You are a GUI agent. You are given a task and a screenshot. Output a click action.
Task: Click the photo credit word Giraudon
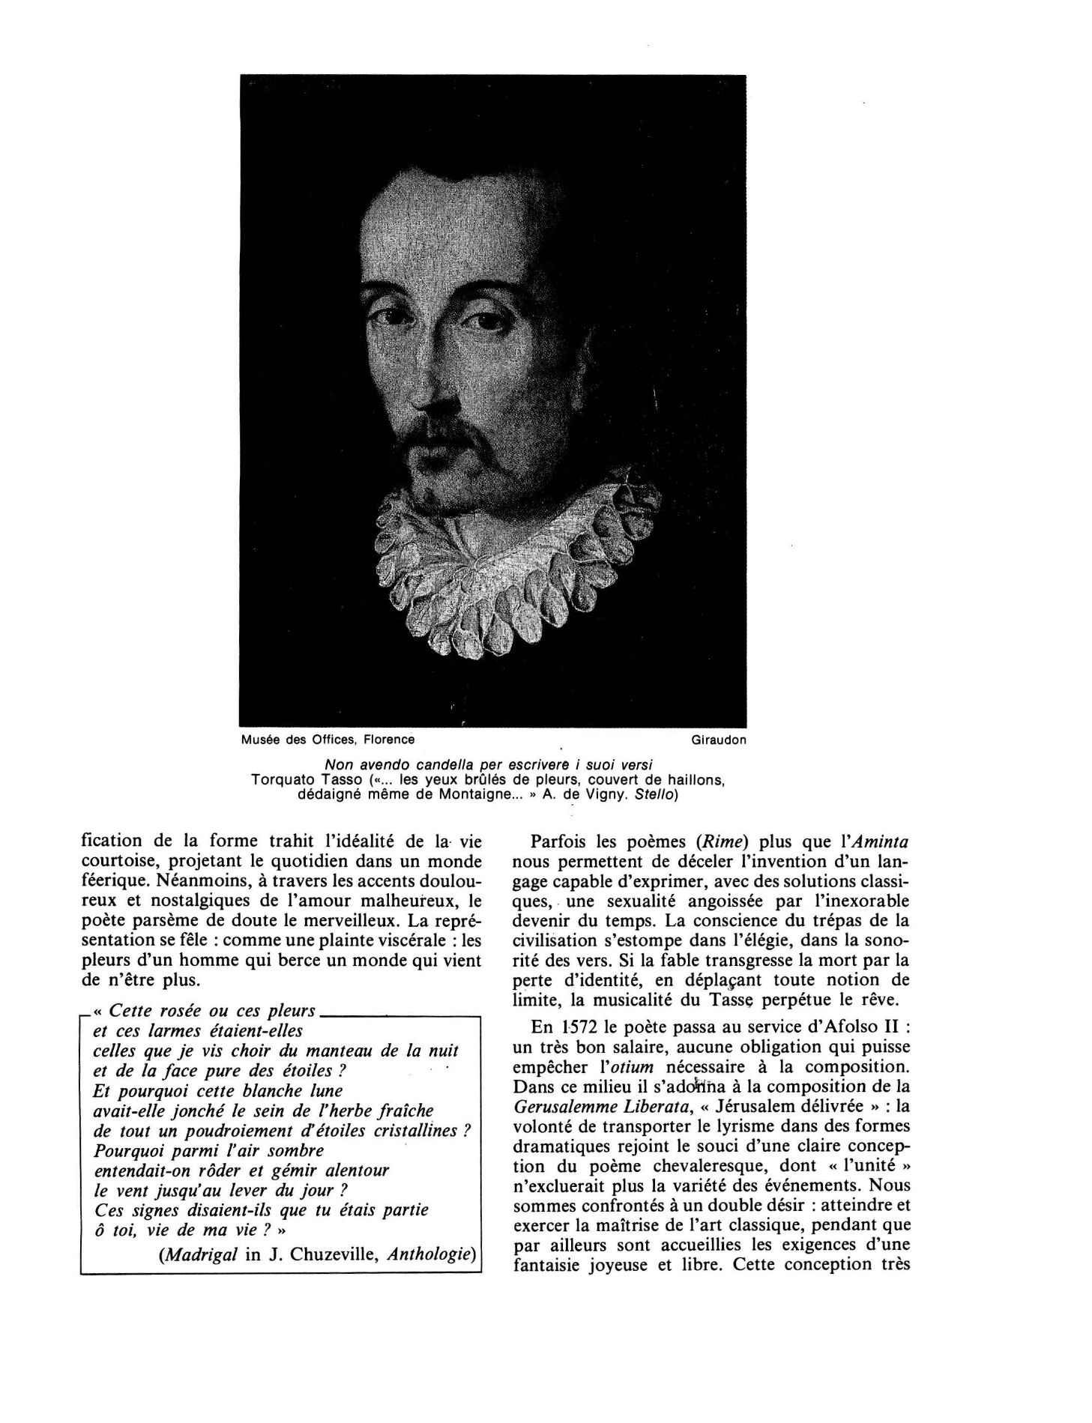tap(719, 740)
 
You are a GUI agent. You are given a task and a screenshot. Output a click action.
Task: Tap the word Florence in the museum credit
tap(389, 740)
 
